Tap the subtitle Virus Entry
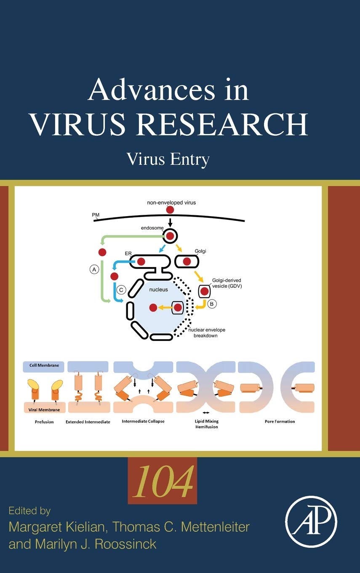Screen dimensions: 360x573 coord(168,160)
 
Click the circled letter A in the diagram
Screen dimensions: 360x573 coord(94,269)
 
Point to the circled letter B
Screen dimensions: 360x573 coord(212,304)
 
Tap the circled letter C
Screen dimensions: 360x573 coord(121,290)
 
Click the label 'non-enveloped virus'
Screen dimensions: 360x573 coord(171,203)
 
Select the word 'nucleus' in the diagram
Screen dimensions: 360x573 coord(158,289)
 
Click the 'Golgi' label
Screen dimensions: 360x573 coord(200,251)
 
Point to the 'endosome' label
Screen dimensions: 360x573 coord(152,228)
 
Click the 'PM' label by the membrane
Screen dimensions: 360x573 coord(96,215)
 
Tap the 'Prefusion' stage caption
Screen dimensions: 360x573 coord(44,422)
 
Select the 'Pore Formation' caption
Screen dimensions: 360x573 coord(280,421)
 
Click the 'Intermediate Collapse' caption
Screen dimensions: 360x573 coord(143,421)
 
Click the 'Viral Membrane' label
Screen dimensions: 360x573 coord(44,410)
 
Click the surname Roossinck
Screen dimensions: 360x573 coord(125,544)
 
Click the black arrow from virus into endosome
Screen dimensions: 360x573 coord(170,222)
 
